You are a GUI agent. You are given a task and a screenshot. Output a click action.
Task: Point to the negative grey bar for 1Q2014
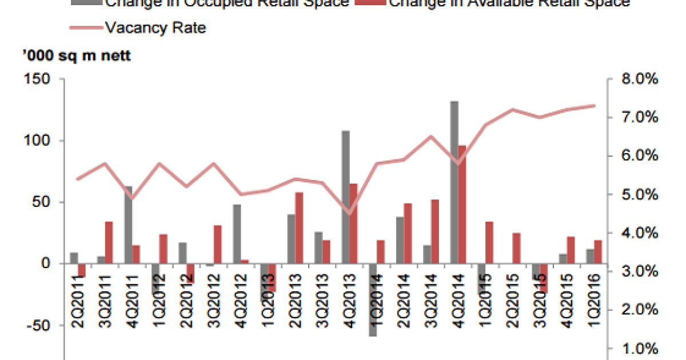pos(373,300)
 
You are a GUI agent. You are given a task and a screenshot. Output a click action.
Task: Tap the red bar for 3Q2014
pos(435,231)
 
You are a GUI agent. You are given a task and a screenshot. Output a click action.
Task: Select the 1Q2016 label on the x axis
pos(594,297)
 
